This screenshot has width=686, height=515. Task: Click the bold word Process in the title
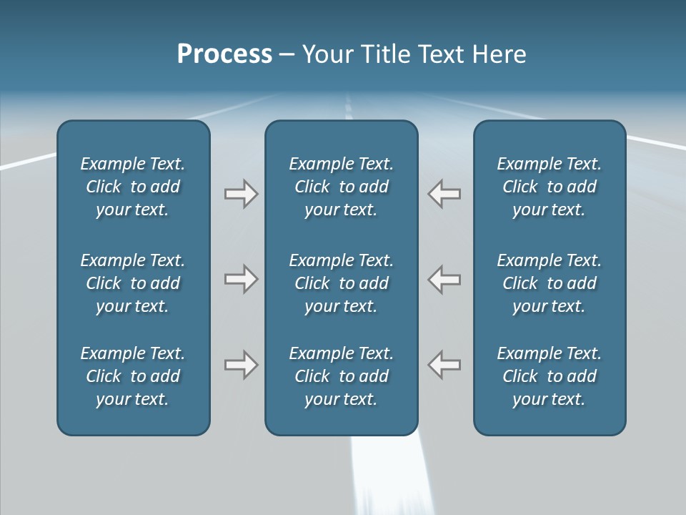[x=224, y=54]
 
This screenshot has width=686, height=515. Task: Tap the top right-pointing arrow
[x=241, y=194]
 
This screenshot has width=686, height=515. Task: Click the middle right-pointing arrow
[x=241, y=279]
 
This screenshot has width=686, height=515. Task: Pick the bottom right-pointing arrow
[x=241, y=365]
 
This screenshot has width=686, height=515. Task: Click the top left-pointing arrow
[x=444, y=194]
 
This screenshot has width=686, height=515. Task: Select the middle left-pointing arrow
[x=444, y=279]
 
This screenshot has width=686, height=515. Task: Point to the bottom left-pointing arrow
[x=444, y=365]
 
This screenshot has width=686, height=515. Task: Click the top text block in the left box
[x=133, y=187]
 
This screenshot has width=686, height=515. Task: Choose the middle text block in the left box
[x=133, y=283]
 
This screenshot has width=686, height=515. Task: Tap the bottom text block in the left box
[x=133, y=376]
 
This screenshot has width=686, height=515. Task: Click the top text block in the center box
[x=341, y=187]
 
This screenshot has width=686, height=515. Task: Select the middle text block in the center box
[x=341, y=283]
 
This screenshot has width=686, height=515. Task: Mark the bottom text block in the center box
[x=341, y=376]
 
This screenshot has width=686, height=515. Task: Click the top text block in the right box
[x=550, y=187]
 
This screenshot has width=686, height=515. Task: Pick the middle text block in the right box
[x=550, y=283]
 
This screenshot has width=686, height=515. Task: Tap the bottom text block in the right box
[x=550, y=376]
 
